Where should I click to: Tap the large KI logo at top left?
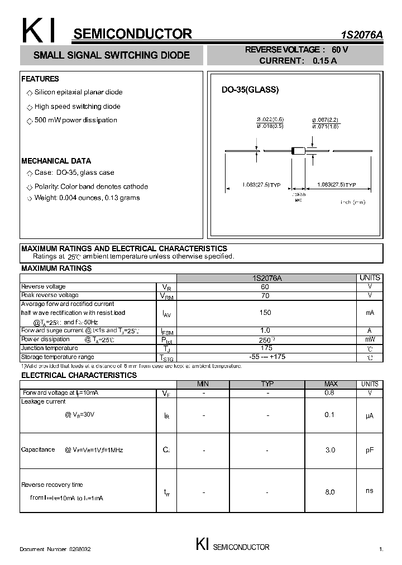pos(39,31)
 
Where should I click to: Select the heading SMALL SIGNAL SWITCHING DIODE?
pos(112,55)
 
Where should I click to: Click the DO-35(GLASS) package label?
pos(250,90)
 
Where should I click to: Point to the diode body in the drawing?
pos(298,150)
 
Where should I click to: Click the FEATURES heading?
pos(40,79)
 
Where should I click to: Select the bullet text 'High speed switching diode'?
pos(77,107)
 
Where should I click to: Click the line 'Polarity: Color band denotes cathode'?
pos(91,186)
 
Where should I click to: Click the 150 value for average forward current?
pos(265,313)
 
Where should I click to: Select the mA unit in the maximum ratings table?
pos(370,313)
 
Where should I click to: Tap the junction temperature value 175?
pos(266,348)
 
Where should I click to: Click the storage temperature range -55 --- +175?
pos(266,357)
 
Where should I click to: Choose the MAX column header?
pos(331,384)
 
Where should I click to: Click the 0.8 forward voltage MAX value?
pos(329,392)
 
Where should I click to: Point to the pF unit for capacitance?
pos(370,450)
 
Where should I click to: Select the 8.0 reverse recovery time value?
pos(329,492)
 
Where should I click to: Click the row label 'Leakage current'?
pos(43,401)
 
